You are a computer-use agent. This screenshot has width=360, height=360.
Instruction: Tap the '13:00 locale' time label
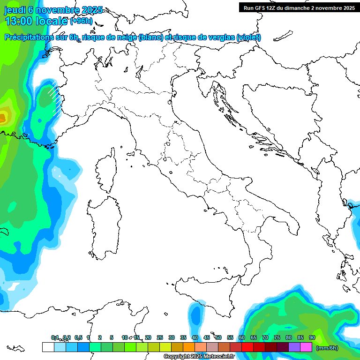[37, 21]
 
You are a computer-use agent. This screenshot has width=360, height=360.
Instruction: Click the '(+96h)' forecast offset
[81, 21]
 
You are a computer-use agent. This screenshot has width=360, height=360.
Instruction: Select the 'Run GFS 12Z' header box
[298, 7]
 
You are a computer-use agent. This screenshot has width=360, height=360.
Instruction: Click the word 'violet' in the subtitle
[248, 37]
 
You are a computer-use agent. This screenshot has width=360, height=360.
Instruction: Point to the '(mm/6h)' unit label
[327, 348]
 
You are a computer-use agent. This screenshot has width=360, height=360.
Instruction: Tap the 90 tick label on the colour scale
[312, 338]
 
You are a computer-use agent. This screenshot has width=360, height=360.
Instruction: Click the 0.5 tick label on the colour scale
[78, 338]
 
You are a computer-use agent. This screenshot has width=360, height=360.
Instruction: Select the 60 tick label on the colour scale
[242, 338]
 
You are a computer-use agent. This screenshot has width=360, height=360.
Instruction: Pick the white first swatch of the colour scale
[48, 347]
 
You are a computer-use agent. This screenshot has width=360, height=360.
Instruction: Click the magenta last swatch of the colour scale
[306, 347]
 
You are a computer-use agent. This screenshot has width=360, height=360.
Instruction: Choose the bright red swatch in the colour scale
[247, 347]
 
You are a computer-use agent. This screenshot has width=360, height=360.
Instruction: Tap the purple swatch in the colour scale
[294, 347]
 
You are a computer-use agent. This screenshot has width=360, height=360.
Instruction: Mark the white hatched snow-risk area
[55, 96]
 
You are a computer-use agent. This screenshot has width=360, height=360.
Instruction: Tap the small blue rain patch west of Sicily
[195, 315]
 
